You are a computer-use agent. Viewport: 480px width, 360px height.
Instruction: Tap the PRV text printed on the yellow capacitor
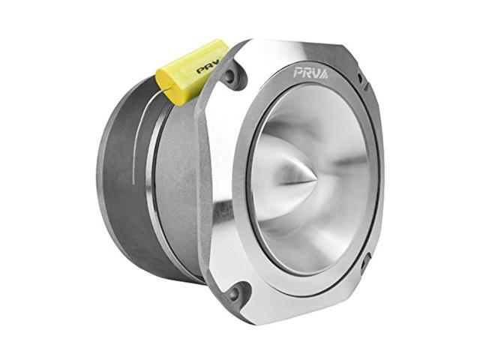click(x=208, y=67)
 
